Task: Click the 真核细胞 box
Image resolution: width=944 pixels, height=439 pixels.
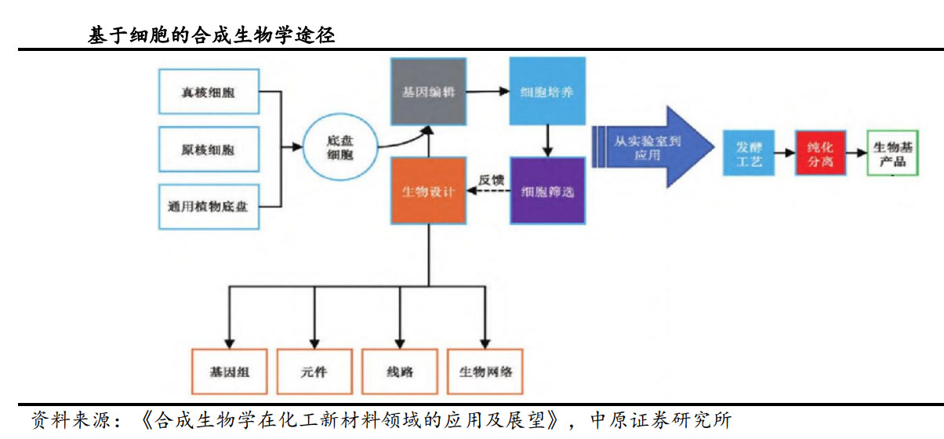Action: pos(209,93)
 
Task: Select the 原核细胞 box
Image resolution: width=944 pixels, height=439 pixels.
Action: pos(209,149)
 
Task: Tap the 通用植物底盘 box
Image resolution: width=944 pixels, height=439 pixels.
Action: pos(209,207)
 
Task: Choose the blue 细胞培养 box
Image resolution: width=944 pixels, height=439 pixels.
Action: pos(546,91)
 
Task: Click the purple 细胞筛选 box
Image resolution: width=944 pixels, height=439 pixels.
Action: pos(546,191)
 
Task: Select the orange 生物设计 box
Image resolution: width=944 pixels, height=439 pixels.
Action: pos(427,191)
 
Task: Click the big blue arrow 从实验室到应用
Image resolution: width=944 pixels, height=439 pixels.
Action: pos(651,147)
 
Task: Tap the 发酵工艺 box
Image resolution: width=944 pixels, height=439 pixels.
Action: pos(748,152)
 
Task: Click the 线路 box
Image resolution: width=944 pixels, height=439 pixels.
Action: pos(400,371)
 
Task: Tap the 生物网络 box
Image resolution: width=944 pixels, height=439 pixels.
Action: pos(485,371)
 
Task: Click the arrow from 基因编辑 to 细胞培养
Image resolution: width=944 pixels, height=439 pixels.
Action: pos(487,91)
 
